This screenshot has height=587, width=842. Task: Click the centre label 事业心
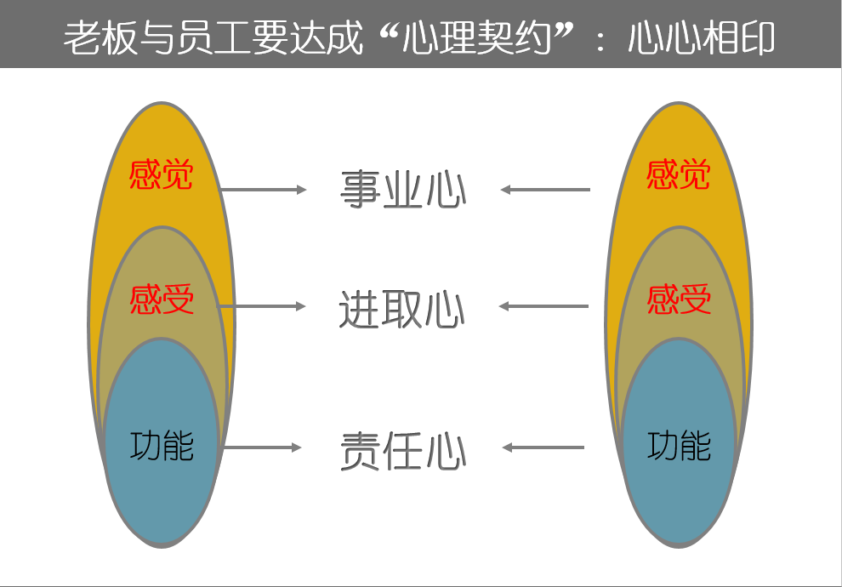tap(403, 189)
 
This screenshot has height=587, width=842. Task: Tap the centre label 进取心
tap(401, 308)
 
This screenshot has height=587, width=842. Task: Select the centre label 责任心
tap(403, 451)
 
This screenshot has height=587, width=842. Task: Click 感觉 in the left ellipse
tap(161, 174)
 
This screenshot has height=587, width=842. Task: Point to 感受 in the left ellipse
tap(162, 299)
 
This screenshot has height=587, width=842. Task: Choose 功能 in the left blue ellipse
tap(162, 446)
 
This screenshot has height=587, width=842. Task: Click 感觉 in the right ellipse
tap(678, 174)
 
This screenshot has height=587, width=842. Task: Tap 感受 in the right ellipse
tap(679, 299)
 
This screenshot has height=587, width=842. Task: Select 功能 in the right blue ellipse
tap(680, 446)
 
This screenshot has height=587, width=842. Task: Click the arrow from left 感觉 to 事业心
tap(263, 189)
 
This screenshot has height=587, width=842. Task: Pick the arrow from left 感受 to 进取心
tap(261, 306)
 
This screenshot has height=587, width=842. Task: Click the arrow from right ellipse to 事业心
tap(545, 189)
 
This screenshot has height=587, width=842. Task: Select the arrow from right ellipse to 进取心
tap(543, 306)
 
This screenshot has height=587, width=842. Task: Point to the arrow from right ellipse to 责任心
tap(543, 447)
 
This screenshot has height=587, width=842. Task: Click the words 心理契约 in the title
tap(477, 37)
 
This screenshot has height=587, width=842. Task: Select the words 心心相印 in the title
tap(702, 37)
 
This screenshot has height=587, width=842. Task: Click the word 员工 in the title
tap(213, 37)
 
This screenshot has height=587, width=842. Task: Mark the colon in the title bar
tap(600, 40)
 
